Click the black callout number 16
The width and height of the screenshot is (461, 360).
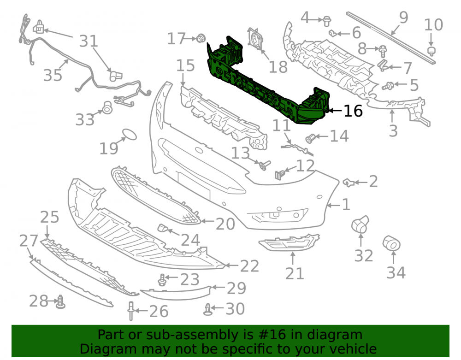click(353, 111)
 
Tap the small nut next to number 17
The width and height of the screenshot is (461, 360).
click(201, 38)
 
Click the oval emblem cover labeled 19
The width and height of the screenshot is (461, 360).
click(130, 134)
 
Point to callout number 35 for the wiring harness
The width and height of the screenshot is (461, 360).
click(53, 75)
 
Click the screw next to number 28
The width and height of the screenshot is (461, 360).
click(61, 302)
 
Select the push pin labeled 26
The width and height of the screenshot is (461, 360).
click(131, 311)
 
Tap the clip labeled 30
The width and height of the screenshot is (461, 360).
click(207, 309)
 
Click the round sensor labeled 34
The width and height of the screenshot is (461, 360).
click(391, 243)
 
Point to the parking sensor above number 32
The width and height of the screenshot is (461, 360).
click(360, 224)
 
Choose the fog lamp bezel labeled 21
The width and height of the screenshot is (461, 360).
click(289, 242)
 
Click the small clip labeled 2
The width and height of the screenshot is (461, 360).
click(348, 183)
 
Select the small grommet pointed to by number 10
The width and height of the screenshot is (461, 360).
click(431, 51)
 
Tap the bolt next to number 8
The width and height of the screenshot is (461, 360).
click(383, 51)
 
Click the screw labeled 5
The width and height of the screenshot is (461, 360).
click(388, 86)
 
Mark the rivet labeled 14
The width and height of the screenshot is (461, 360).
click(310, 138)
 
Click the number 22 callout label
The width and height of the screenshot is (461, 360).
click(249, 266)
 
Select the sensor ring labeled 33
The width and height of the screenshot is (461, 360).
click(107, 108)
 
